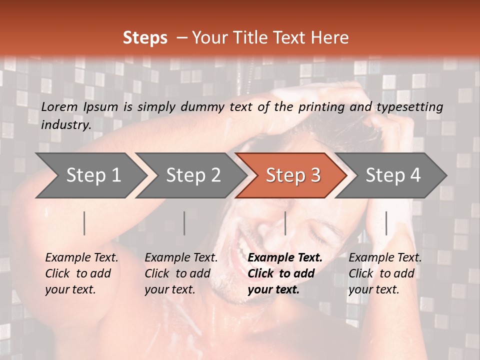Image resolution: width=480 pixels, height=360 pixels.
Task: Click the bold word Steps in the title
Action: tap(145, 38)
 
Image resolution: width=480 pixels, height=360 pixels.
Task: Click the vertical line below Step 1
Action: tap(84, 223)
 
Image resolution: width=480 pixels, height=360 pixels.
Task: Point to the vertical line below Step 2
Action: tap(184, 223)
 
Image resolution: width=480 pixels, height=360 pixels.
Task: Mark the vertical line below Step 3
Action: tap(285, 223)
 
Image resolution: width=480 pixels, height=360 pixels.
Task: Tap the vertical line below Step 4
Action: tap(386, 223)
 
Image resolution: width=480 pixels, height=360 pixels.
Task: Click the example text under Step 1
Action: tap(81, 273)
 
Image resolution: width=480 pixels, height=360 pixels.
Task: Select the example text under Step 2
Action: tap(181, 273)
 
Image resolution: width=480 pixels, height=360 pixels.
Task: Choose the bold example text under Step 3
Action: tap(285, 273)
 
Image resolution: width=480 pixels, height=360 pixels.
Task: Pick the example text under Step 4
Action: tap(385, 273)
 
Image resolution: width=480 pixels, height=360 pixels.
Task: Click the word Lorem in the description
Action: tap(59, 107)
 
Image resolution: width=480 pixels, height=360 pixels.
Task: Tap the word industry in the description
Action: tap(66, 125)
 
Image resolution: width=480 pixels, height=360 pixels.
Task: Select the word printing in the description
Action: tap(325, 107)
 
